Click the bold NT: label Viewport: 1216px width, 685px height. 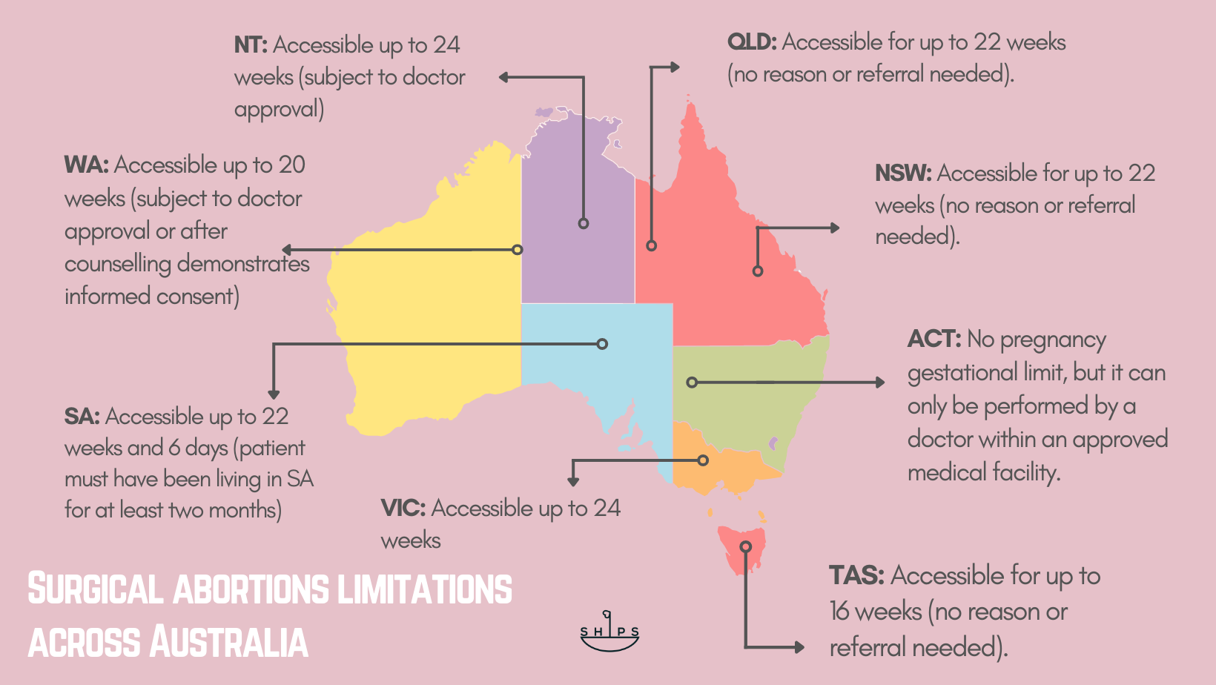pyautogui.click(x=251, y=45)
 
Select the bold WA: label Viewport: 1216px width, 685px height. pyautogui.click(x=86, y=165)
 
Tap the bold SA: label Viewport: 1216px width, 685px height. pyautogui.click(x=82, y=417)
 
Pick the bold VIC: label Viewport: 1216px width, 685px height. pyautogui.click(x=403, y=509)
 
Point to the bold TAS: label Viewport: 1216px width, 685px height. pyautogui.click(x=856, y=575)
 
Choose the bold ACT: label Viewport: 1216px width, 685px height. pyautogui.click(x=934, y=340)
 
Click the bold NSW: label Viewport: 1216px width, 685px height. pyautogui.click(x=902, y=173)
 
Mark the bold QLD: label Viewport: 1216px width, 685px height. pyautogui.click(x=752, y=42)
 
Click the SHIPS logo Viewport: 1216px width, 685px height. pyautogui.click(x=609, y=632)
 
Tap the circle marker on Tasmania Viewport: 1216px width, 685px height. pyautogui.click(x=746, y=547)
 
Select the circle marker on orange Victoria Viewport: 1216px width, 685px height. pyautogui.click(x=703, y=460)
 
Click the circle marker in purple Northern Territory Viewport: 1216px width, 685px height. pyautogui.click(x=584, y=223)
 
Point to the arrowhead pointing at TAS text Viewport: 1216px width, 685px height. pyautogui.click(x=799, y=647)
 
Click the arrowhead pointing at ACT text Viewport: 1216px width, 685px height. pyautogui.click(x=879, y=383)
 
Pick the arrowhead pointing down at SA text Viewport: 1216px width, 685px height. pyautogui.click(x=274, y=394)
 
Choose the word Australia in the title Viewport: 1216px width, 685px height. pyautogui.click(x=229, y=642)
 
